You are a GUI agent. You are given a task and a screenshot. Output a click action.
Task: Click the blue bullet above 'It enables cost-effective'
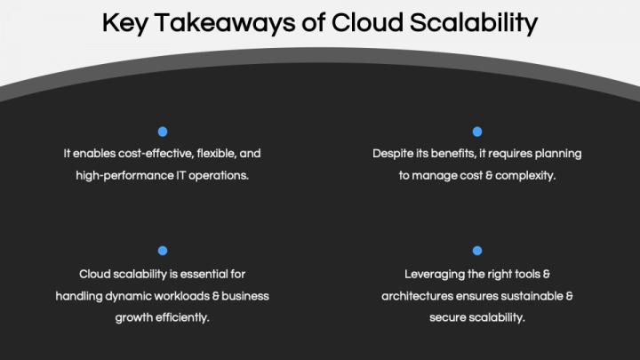click(x=163, y=132)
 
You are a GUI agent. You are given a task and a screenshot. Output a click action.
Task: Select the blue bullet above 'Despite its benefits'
click(x=477, y=132)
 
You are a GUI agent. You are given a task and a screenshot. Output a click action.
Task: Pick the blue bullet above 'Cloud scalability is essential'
click(x=163, y=252)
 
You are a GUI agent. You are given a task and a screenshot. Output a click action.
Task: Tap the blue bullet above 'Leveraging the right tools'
click(x=477, y=252)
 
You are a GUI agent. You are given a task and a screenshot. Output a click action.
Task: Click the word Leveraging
click(x=435, y=274)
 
